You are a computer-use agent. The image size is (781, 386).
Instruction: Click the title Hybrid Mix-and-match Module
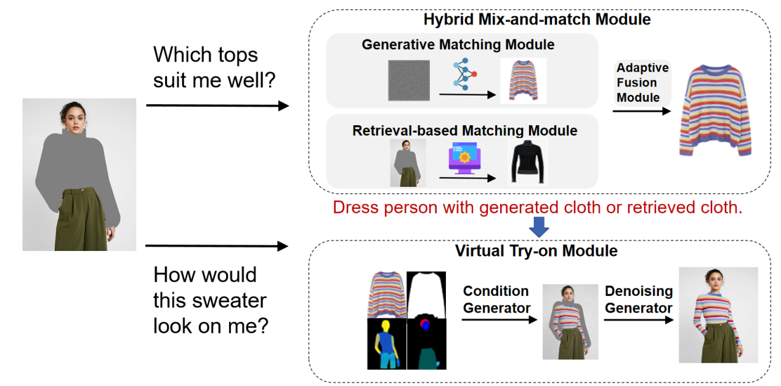pyautogui.click(x=536, y=19)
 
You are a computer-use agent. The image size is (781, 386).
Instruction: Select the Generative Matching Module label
pyautogui.click(x=458, y=45)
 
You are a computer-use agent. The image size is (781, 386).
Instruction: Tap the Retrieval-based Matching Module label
pyautogui.click(x=464, y=131)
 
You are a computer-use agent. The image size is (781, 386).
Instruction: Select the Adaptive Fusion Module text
pyautogui.click(x=642, y=83)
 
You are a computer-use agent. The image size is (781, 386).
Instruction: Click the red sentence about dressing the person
pyautogui.click(x=538, y=207)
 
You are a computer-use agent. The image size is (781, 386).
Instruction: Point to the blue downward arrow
pyautogui.click(x=539, y=228)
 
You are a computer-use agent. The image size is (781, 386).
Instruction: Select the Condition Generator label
pyautogui.click(x=496, y=299)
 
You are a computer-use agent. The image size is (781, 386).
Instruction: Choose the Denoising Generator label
pyautogui.click(x=638, y=299)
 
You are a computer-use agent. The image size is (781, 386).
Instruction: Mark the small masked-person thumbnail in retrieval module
pyautogui.click(x=408, y=163)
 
